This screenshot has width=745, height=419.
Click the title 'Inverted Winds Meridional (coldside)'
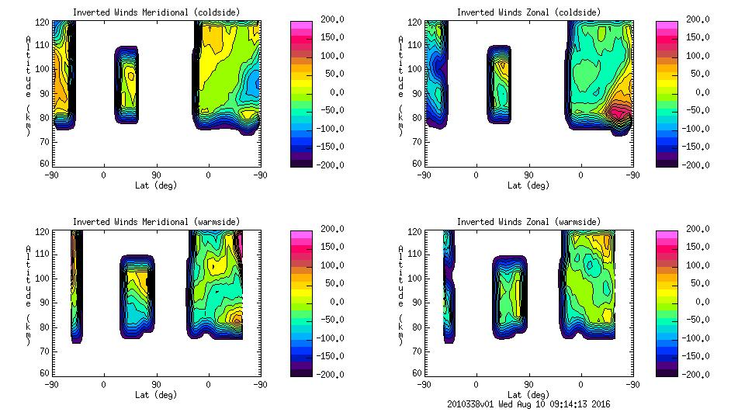[x=156, y=12]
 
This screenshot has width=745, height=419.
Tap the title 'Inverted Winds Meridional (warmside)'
[x=156, y=222]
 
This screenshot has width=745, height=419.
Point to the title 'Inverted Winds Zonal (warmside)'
[x=528, y=222]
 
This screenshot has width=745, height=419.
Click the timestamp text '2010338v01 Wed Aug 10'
[x=501, y=404]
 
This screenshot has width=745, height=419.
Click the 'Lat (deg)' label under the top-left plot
[x=156, y=185]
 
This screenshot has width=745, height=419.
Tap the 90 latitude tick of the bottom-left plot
[x=156, y=383]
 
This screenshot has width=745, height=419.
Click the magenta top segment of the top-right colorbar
[x=667, y=25]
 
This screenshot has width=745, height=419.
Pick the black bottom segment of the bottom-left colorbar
[x=302, y=369]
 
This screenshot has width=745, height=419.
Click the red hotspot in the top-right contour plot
[x=618, y=111]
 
